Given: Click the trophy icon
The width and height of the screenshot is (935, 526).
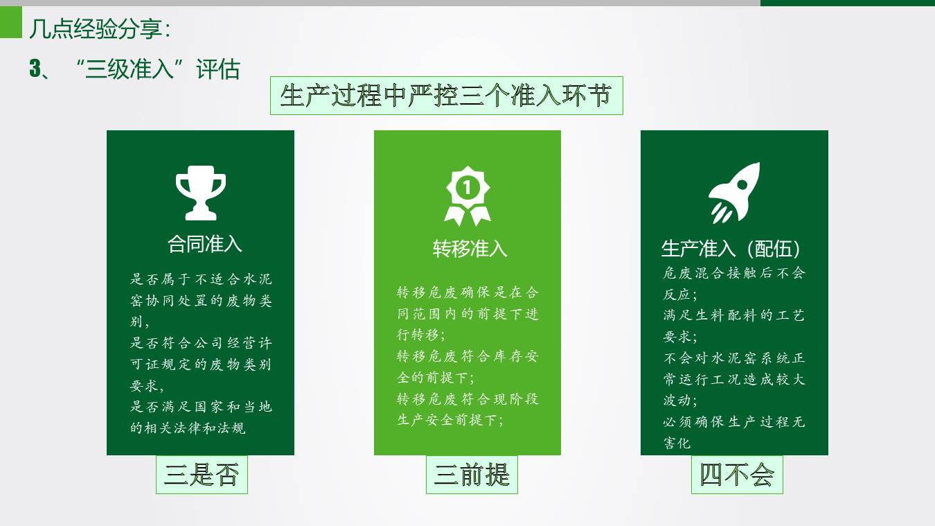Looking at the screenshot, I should point(200,192).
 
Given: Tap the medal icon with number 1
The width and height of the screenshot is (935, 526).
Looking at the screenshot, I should point(467,195).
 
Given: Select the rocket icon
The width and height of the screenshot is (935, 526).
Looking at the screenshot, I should point(734,193).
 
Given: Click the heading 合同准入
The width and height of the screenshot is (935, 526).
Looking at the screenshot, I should point(205,244).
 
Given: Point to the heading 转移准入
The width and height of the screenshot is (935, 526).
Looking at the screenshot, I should point(470,248).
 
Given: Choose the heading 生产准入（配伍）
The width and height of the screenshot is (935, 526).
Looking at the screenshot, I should point(731,248).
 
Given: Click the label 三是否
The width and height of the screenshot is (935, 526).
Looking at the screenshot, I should point(202,475).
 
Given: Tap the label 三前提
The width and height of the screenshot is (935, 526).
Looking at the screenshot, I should point(472,475).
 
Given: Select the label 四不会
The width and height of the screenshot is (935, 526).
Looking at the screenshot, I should point(737,475).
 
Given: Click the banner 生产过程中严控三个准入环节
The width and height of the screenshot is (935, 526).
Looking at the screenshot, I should point(446,96).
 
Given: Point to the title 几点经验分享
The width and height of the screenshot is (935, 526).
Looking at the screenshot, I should point(99,29).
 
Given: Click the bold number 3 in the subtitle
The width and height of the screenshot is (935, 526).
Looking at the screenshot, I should point(35,69).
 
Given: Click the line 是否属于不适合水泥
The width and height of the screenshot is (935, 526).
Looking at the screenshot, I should point(202,279).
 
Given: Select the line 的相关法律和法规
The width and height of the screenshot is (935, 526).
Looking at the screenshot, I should point(188,428).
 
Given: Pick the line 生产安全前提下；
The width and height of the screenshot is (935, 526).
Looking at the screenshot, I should point(450,419).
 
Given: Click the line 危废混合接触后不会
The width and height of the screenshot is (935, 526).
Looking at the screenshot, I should point(734,272).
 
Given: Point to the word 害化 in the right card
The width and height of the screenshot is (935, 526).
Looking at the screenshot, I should point(677,443).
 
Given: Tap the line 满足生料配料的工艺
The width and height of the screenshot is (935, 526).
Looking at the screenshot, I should point(734,315).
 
